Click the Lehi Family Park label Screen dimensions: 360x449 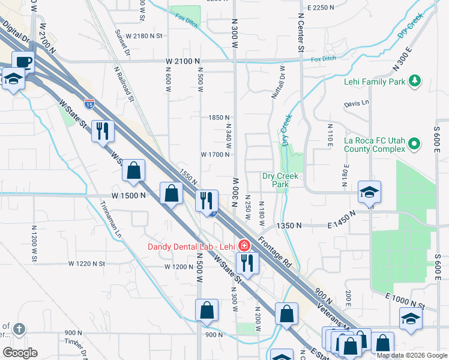tap(374, 80)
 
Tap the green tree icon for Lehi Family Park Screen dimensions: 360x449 tap(414, 80)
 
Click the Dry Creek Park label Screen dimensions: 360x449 tap(280, 180)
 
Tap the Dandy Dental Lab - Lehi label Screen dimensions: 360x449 tap(191, 247)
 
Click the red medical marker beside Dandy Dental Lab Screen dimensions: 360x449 tap(243, 246)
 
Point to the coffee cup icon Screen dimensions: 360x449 tap(23, 61)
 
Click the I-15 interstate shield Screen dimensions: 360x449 tap(89, 103)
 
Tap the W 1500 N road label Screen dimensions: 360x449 tap(128, 196)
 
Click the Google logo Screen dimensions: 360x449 tap(19, 353)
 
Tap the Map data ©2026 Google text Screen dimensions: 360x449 tap(412, 355)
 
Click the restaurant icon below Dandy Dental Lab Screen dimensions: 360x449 tap(247, 262)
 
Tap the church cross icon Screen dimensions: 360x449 tap(19, 329)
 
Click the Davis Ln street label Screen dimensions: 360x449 tap(356, 104)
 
